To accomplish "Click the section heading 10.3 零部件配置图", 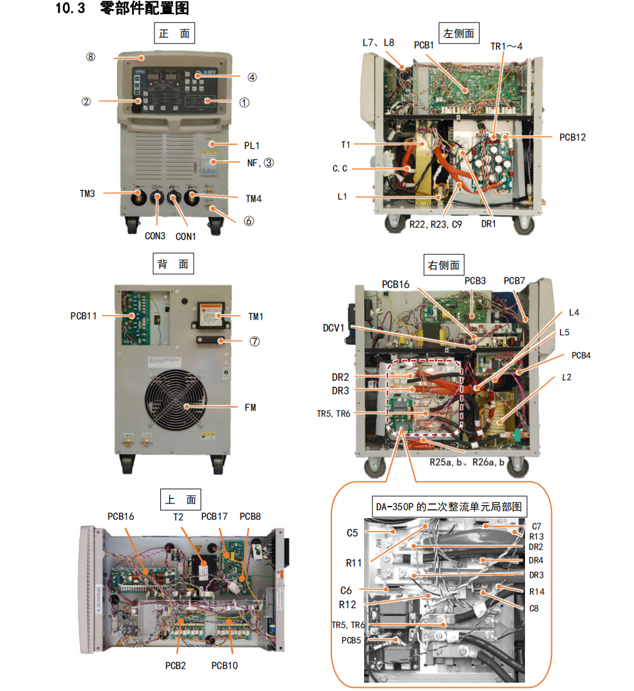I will (x=122, y=9).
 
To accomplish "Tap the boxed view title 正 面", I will (x=174, y=33).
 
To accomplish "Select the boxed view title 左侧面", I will (x=458, y=33).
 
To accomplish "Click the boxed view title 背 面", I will (x=174, y=263).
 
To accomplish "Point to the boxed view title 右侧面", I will (x=443, y=265).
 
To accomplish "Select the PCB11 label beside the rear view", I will (x=83, y=316).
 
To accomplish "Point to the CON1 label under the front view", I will (x=186, y=236).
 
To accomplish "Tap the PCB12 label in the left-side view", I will (x=572, y=137).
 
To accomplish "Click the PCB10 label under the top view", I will (x=224, y=665).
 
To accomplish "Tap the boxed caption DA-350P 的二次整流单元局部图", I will (x=448, y=507).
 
